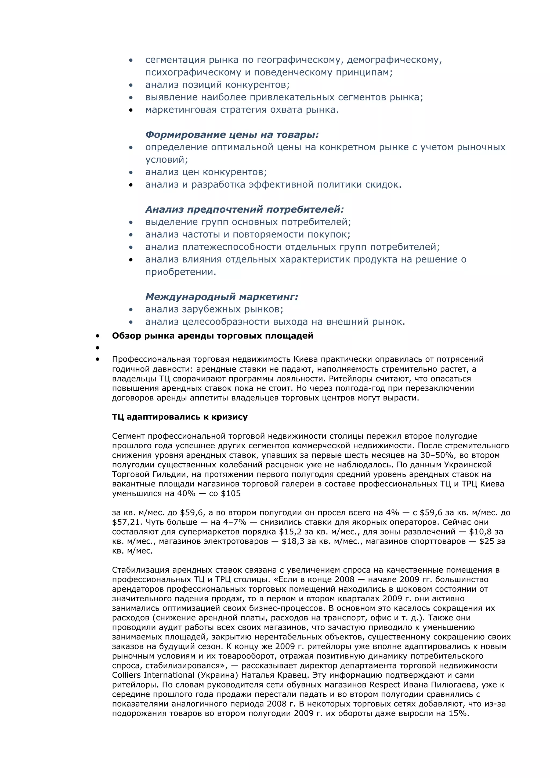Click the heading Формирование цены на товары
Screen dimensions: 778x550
[x=232, y=134]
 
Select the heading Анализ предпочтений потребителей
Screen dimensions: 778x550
[x=244, y=209]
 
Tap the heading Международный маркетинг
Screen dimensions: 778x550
[x=222, y=297]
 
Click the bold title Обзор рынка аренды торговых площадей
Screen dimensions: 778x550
[x=212, y=336]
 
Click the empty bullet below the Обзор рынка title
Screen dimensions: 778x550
[x=97, y=348]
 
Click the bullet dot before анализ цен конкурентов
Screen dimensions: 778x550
[x=131, y=172]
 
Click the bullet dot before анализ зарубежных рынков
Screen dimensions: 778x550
[x=131, y=309]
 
